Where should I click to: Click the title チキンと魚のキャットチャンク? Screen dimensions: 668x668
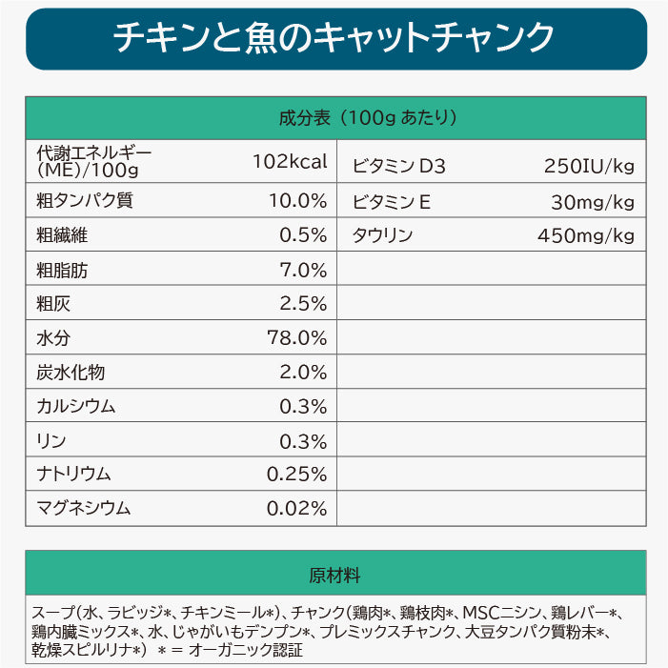point(334,38)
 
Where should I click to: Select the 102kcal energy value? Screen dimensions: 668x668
point(290,161)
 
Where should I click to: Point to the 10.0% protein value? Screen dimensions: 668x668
point(296,201)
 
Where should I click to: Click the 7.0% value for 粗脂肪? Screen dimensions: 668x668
point(303,270)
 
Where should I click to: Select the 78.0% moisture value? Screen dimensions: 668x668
point(296,338)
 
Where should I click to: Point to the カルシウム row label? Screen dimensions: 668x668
point(75,406)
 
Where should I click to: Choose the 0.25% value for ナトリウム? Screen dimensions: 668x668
point(296,474)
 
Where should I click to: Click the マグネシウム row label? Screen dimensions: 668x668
point(83,508)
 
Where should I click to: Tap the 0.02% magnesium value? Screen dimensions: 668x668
point(296,508)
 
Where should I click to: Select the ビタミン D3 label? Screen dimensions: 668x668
point(398,167)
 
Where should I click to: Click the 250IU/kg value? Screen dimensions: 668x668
point(588,167)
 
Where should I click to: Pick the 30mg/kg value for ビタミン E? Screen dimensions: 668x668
point(592,201)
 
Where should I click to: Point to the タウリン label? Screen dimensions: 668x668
point(383,235)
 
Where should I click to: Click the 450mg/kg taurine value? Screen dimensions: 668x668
point(585,235)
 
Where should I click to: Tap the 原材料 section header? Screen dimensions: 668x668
point(334,576)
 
